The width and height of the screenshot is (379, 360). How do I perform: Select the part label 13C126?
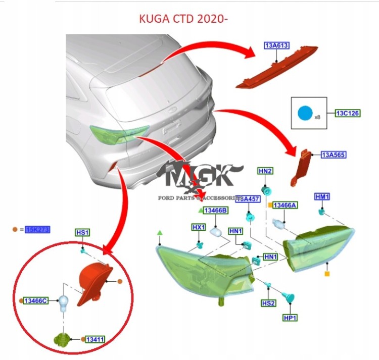pyautogui.click(x=348, y=113)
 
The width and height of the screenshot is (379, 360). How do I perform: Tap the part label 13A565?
pyautogui.click(x=334, y=155)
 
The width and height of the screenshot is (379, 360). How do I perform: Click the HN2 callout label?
pyautogui.click(x=265, y=172)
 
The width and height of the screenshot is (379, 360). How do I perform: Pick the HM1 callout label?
pyautogui.click(x=322, y=196)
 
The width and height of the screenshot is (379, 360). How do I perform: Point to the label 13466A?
pyautogui.click(x=285, y=205)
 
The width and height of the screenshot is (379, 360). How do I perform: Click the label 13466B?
pyautogui.click(x=216, y=210)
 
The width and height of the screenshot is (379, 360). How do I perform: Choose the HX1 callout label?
pyautogui.click(x=199, y=227)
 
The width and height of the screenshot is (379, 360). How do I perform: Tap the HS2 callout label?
pyautogui.click(x=268, y=303)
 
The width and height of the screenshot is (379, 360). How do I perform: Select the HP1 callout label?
pyautogui.click(x=290, y=318)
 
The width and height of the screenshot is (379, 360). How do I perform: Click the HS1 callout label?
pyautogui.click(x=82, y=232)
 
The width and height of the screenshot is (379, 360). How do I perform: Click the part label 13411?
pyautogui.click(x=94, y=339)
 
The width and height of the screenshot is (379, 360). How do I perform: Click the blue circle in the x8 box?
pyautogui.click(x=305, y=113)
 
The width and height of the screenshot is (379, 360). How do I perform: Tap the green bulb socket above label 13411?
pyautogui.click(x=62, y=339)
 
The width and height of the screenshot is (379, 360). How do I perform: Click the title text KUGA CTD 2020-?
pyautogui.click(x=184, y=20)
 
